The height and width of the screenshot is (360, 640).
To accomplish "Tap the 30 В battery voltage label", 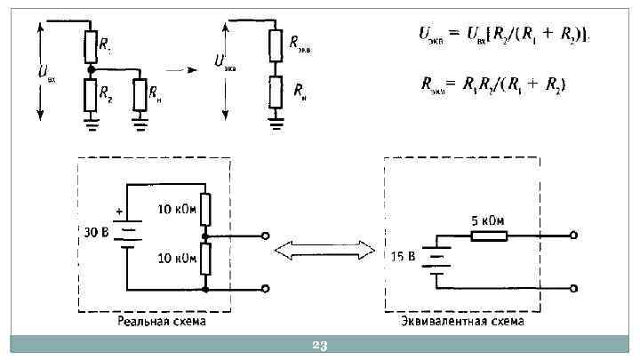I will [95, 233].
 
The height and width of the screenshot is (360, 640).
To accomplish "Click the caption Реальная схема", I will [161, 321].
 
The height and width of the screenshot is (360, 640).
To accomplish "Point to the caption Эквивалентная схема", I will [462, 321].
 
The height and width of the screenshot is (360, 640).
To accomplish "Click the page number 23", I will [320, 345].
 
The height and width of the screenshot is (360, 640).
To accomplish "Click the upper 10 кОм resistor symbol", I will [205, 211].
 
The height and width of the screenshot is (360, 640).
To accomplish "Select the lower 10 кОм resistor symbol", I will [205, 260].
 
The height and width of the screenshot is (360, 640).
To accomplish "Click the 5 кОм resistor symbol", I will [488, 236].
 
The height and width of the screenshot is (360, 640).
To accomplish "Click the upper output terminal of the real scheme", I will [265, 236].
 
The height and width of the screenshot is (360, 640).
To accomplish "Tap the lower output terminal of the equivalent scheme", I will [575, 289].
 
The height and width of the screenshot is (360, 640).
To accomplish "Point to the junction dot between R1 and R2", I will [90, 68].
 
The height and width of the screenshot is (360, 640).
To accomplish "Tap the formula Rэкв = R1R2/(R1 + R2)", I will [493, 84].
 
